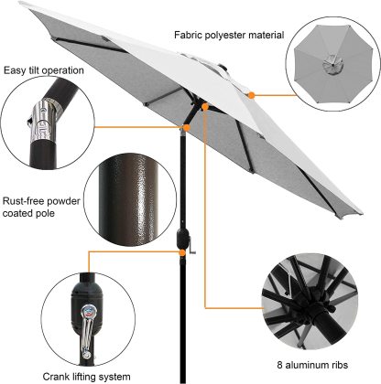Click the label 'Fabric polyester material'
(229, 35)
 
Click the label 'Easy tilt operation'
(44, 70)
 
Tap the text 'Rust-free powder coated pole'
(41, 207)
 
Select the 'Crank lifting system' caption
(86, 377)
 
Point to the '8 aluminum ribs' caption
(312, 365)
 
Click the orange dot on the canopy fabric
(251, 95)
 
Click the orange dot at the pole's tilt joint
(186, 127)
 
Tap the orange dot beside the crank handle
(182, 252)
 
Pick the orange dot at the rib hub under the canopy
(205, 107)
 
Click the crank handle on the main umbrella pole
(191, 245)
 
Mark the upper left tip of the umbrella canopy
(21, 4)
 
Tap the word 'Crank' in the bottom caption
(56, 377)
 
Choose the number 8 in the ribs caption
(279, 365)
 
